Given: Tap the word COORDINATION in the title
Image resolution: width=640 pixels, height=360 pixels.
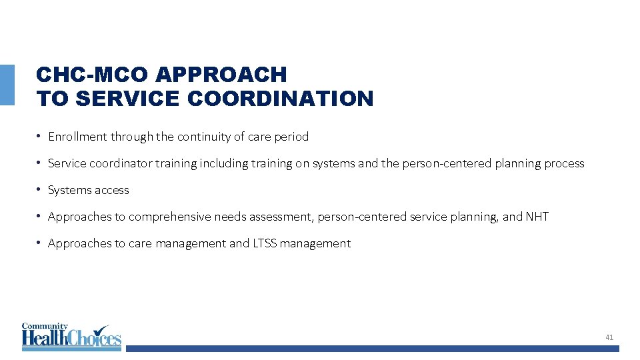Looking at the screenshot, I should coord(281,99).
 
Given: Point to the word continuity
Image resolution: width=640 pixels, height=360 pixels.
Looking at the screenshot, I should coord(201,137).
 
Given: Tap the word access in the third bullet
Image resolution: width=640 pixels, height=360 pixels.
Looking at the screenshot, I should coord(111,190).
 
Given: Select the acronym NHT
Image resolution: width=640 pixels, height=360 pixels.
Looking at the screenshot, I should coord(537,217).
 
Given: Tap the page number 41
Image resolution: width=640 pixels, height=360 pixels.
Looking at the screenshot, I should coord(609,338).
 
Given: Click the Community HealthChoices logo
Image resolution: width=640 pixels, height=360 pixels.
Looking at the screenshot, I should coord(71,337).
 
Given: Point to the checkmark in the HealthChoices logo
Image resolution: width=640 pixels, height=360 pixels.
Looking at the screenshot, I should coord(101,331).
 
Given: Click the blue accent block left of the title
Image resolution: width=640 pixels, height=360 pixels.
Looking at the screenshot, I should coord(7,85).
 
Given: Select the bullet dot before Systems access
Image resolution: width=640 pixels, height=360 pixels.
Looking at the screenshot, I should coord(40,190).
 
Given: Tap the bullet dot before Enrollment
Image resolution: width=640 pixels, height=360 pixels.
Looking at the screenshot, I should coord(40,137).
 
